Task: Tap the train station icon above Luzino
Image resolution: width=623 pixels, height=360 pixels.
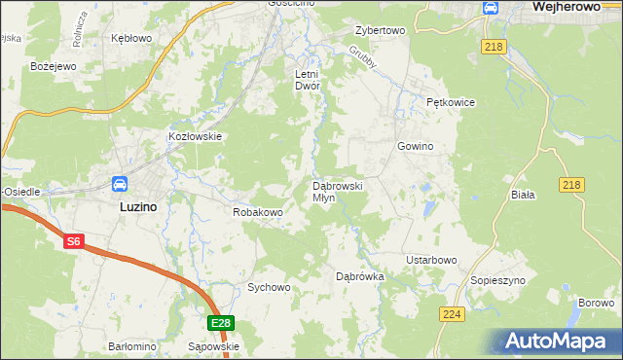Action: (120, 184)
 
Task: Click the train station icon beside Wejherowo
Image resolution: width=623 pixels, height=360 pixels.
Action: (492, 9)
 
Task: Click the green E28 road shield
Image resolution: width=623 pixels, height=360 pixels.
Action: (220, 323)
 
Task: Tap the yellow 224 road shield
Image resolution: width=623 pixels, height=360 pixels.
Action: (451, 314)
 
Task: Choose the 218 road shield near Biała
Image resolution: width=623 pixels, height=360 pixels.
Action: (571, 185)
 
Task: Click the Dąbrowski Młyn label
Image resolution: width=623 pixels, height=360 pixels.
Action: (337, 191)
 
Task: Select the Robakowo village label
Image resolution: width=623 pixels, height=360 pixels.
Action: (257, 211)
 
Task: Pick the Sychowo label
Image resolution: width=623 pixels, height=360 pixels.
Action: (269, 287)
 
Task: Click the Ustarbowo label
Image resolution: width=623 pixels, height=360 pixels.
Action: (430, 260)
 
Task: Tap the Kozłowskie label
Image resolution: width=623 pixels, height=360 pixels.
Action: (197, 137)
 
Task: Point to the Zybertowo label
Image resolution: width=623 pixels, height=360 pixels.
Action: (380, 30)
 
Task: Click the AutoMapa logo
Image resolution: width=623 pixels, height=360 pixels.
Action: (559, 342)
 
